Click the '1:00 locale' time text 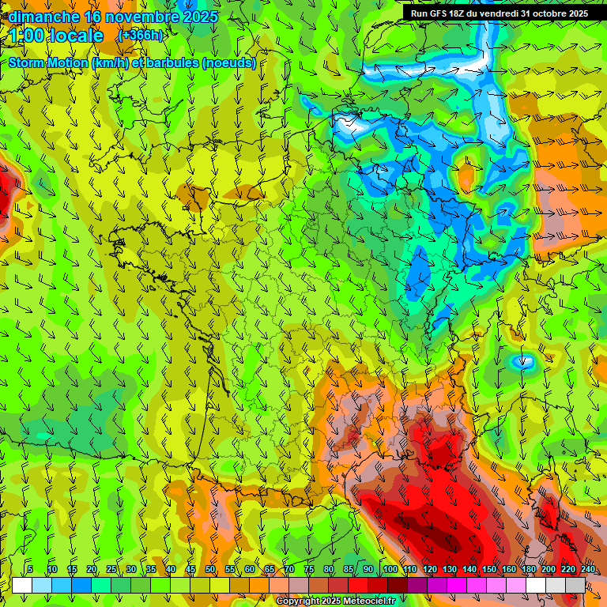click(56, 36)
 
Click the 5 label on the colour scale click(30, 569)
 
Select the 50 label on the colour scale click(210, 569)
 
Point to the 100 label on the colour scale click(390, 569)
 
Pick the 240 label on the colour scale click(588, 569)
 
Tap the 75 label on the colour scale click(309, 569)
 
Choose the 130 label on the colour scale click(450, 569)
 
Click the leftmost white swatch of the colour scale click(22, 585)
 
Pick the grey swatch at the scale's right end click(575, 585)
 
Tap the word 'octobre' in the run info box click(543, 13)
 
